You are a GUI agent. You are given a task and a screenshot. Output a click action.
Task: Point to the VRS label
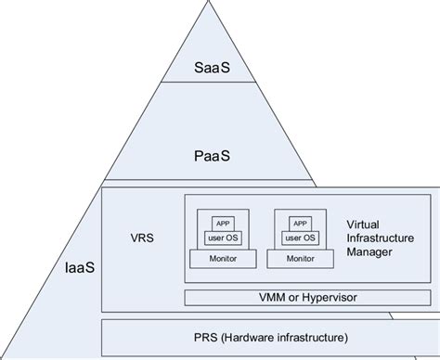(x=142, y=237)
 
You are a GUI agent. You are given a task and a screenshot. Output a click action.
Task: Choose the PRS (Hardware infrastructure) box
(x=265, y=335)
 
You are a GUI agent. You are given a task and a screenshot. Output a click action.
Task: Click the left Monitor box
(x=224, y=258)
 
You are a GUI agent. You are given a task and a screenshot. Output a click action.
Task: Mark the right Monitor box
(x=301, y=258)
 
